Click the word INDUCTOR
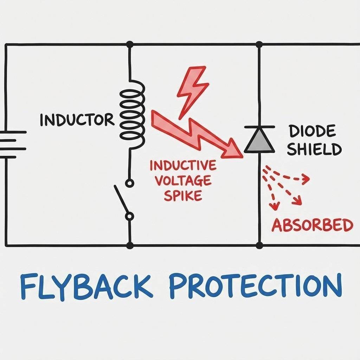point(77,120)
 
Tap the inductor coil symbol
point(133,115)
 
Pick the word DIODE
point(311,132)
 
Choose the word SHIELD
point(314,149)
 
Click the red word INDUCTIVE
point(183,165)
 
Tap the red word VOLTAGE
point(183,180)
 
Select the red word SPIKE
point(183,195)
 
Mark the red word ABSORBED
point(312,225)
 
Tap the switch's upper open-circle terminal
point(130,183)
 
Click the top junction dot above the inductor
point(130,44)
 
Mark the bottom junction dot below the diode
point(259,245)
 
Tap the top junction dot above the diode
point(259,44)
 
